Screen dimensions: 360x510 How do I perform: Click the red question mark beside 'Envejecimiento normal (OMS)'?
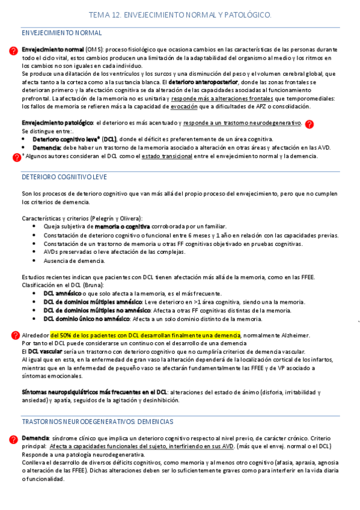pos(14,52)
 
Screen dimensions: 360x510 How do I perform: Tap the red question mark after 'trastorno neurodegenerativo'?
pos(309,124)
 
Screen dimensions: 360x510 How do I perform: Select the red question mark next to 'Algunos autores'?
pos(16,158)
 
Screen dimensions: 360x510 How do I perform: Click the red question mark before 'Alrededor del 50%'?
pos(15,335)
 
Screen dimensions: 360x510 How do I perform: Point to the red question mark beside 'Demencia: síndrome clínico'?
pos(14,440)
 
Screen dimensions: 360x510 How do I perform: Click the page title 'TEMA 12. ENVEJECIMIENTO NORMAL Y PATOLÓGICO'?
pos(180,14)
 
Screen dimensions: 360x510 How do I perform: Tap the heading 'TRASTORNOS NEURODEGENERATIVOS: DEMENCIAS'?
pos(97,422)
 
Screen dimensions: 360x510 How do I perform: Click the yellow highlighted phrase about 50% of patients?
pos(145,335)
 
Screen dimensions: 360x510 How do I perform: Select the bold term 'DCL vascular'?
pos(46,351)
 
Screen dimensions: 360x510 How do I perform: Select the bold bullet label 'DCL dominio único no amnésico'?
pos(87,319)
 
